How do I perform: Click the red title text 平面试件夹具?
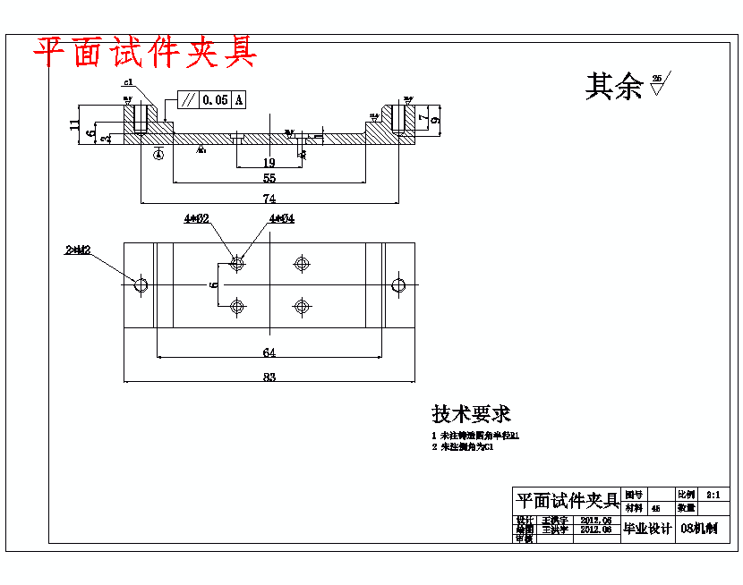pos(145,53)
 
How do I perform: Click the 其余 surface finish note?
pos(614,87)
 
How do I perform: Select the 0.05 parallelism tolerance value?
pos(215,100)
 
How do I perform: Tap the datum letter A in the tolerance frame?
pos(239,100)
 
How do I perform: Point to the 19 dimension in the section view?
pos(269,162)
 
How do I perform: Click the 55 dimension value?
pos(269,178)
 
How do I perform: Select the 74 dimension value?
pos(269,198)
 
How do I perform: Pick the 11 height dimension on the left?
pos(75,123)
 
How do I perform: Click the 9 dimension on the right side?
pos(435,119)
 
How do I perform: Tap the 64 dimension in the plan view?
pos(269,352)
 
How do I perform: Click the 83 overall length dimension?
pos(269,377)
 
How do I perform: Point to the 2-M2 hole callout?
pos(78,251)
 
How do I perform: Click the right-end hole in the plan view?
pos(398,285)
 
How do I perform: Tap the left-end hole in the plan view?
pos(141,285)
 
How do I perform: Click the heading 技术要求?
pos(472,414)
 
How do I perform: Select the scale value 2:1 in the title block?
pos(713,494)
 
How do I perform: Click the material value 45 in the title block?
pos(656,508)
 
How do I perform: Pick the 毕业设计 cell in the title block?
pos(647,529)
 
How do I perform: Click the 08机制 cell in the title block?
pos(699,529)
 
